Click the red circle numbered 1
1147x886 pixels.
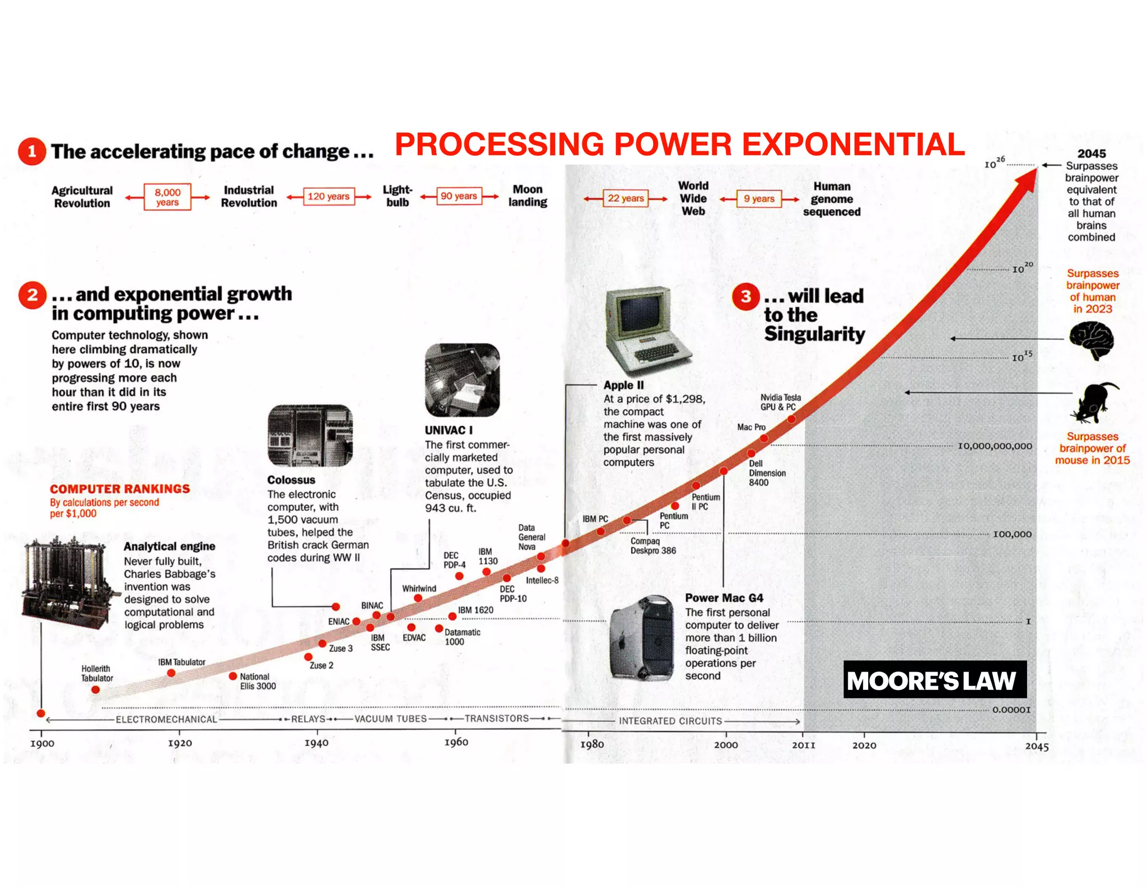tap(32, 151)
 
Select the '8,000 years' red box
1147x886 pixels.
tap(167, 197)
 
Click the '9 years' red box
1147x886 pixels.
tap(759, 198)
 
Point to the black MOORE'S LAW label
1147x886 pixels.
tap(934, 679)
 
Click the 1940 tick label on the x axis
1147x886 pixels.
tap(316, 743)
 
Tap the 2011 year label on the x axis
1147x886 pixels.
tap(803, 745)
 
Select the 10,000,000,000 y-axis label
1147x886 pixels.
tap(995, 446)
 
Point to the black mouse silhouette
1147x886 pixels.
tap(1093, 402)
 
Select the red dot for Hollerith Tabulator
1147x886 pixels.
tap(96, 689)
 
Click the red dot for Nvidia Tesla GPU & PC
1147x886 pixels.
tap(791, 419)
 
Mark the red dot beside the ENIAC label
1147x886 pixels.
tap(356, 621)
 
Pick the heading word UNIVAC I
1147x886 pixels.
tap(449, 430)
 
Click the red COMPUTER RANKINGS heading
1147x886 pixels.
tap(120, 489)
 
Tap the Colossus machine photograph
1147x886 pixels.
tap(310, 435)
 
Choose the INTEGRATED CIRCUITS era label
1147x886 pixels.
tap(670, 721)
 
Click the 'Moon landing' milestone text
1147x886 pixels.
tap(528, 195)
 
